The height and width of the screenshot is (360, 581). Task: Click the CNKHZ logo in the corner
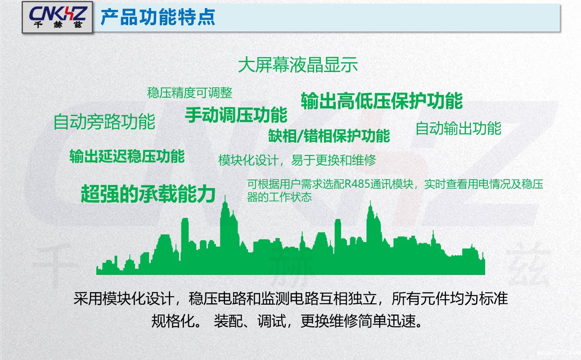click(57, 18)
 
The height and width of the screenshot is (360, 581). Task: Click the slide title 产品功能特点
click(158, 18)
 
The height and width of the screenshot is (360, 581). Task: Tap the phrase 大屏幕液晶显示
click(298, 65)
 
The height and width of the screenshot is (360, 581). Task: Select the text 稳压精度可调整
click(189, 93)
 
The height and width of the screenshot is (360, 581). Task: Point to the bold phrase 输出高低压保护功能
click(382, 101)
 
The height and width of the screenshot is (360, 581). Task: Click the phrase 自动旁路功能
click(104, 122)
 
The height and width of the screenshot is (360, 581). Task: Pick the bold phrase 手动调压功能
click(236, 115)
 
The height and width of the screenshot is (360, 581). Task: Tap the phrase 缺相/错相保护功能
click(329, 136)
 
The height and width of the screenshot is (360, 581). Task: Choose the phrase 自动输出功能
click(458, 129)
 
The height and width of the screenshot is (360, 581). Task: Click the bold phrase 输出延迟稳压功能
click(127, 156)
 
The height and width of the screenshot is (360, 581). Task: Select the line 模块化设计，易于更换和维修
click(297, 160)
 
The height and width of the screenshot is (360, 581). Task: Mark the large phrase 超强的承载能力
click(148, 194)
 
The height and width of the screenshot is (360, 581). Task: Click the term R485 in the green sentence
click(354, 185)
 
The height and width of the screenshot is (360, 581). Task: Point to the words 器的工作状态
click(279, 197)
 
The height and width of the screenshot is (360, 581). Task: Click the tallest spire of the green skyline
click(225, 202)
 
